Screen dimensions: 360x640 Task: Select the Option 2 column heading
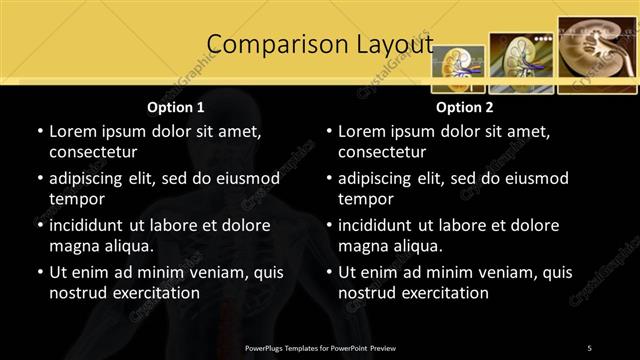point(464,107)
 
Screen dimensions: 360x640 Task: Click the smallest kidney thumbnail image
point(458,67)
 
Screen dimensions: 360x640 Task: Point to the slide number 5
point(589,347)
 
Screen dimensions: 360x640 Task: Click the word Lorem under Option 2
point(362,131)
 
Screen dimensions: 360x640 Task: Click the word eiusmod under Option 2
point(536,178)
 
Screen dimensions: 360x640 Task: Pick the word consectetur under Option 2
point(382,152)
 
